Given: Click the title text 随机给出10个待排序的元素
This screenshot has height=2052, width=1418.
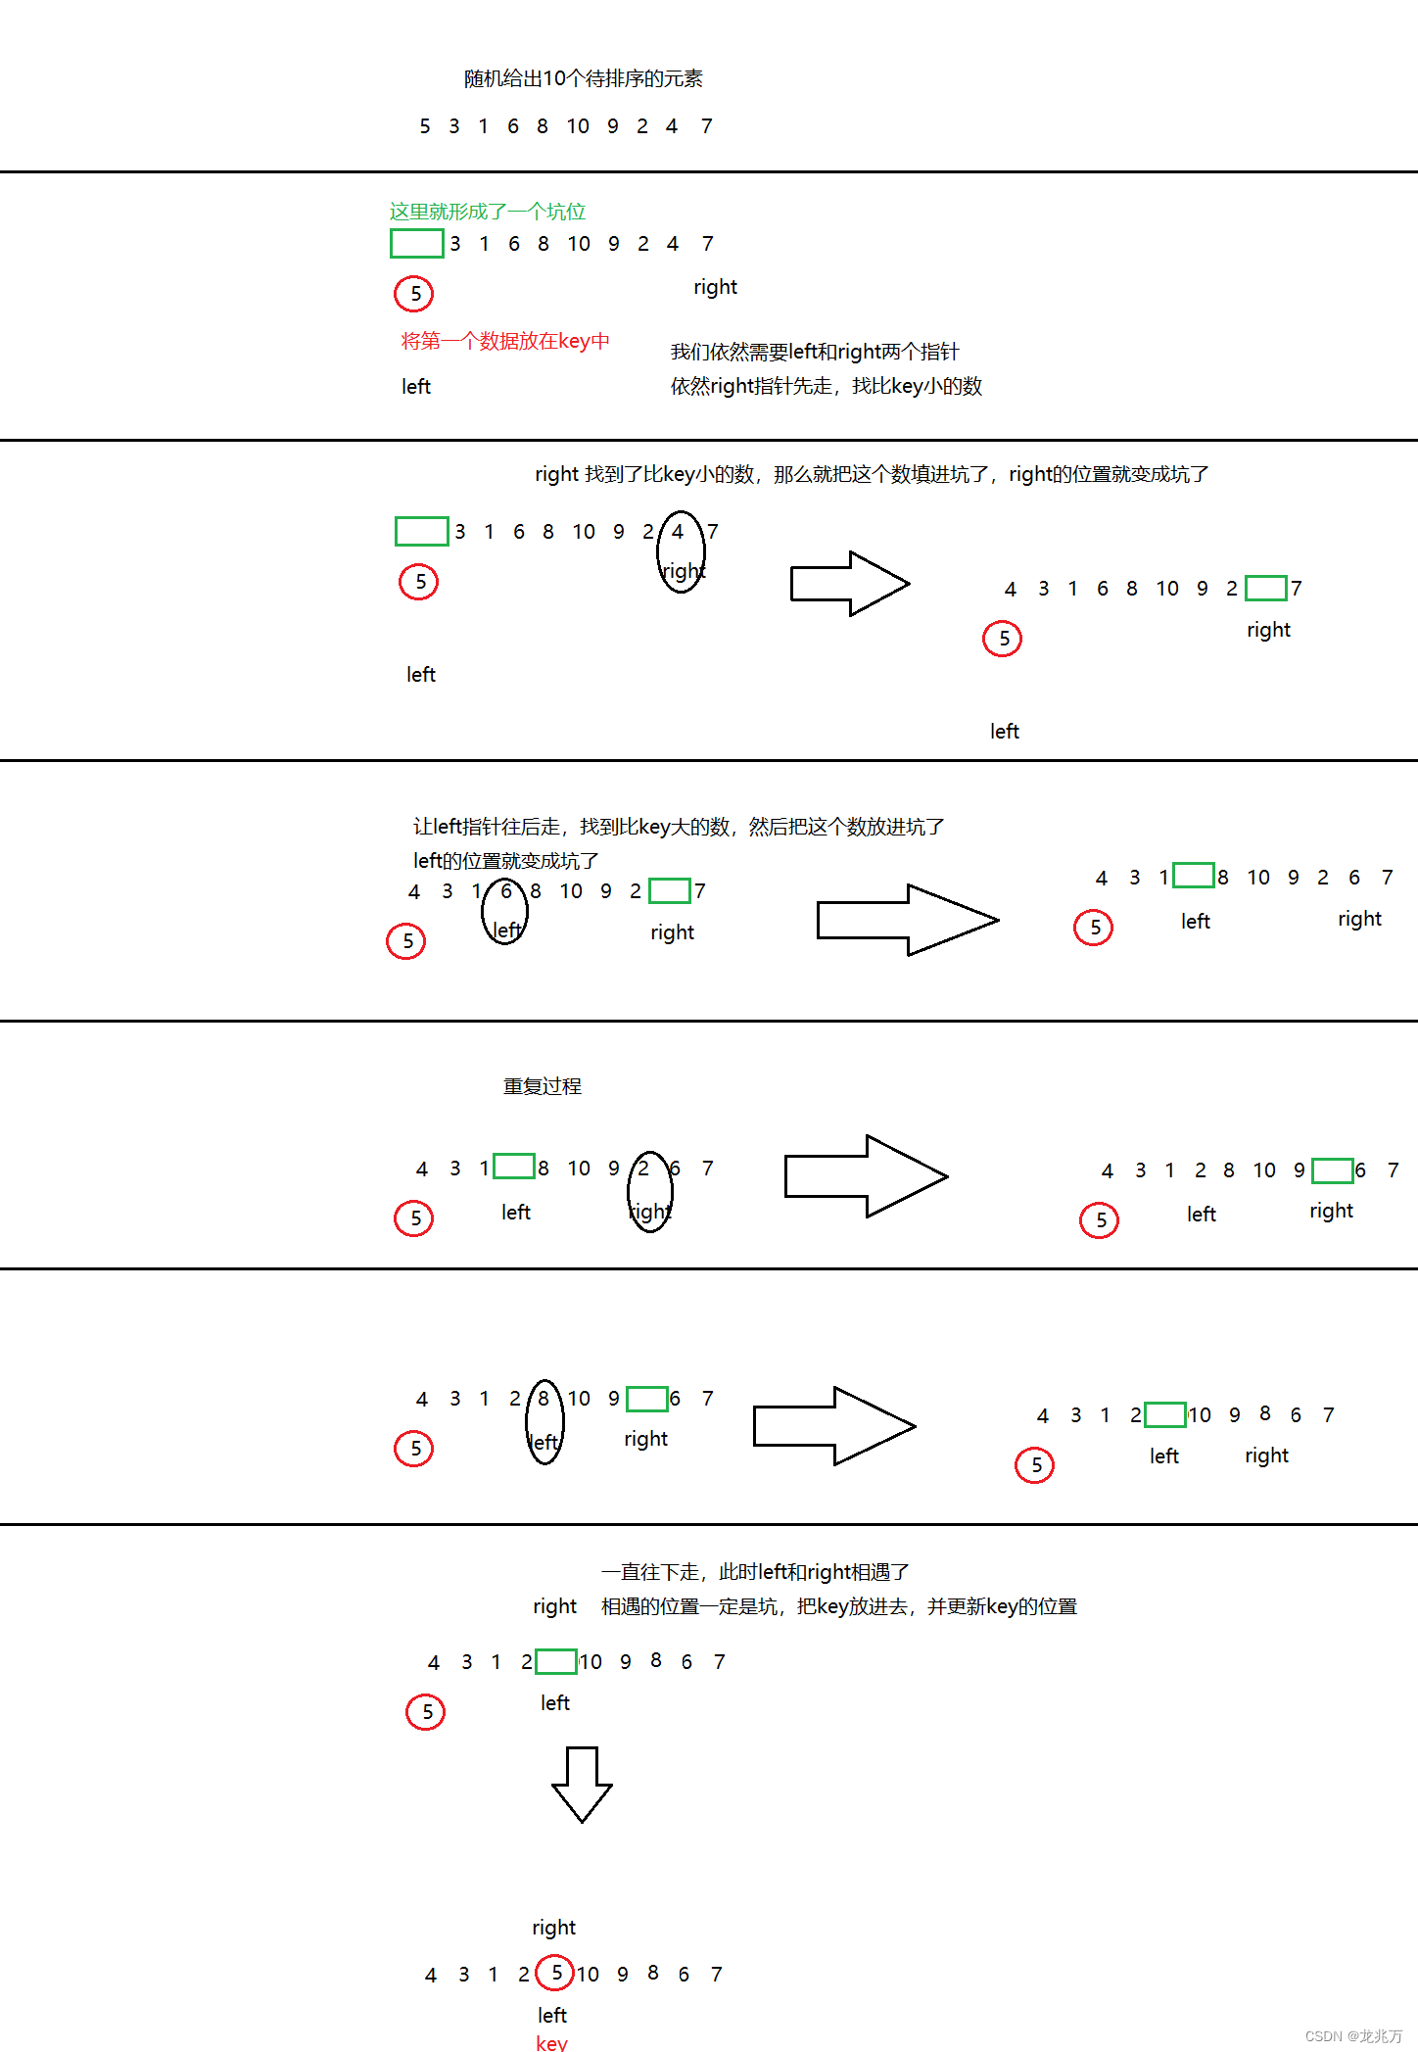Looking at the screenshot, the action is (583, 78).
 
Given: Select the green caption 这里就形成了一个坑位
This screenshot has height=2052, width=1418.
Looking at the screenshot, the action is (487, 212).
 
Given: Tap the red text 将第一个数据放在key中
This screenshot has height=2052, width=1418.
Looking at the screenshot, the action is (504, 341).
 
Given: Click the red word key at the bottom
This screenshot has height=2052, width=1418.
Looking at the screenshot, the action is (551, 2042).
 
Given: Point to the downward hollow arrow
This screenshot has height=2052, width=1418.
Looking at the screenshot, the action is (582, 1783).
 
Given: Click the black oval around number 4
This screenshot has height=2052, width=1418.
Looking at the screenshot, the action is (681, 551).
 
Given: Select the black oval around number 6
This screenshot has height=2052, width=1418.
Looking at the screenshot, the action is (504, 911).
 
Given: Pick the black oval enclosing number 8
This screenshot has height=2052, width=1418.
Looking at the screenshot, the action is (544, 1421).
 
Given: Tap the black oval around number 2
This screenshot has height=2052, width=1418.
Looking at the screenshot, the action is (649, 1191).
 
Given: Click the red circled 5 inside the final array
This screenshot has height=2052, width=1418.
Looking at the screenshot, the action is (555, 1972).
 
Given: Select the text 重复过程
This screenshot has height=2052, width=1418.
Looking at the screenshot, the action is (542, 1086).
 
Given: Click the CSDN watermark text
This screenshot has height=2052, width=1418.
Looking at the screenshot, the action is (1353, 2035).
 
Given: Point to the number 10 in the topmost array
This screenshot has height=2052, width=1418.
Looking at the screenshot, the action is (578, 126).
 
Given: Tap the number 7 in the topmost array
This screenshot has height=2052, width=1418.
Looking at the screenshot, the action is (706, 126).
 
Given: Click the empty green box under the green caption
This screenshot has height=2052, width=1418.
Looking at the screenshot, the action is (417, 243).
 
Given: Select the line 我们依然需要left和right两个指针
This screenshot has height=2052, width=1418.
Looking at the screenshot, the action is (814, 352).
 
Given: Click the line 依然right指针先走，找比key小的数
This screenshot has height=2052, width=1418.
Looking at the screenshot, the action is (826, 386).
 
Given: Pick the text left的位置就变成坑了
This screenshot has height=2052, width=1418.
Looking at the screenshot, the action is (505, 861).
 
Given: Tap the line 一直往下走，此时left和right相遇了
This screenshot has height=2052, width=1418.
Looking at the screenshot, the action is (754, 1572).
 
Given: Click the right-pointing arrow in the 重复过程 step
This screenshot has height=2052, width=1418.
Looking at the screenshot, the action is (866, 1176).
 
